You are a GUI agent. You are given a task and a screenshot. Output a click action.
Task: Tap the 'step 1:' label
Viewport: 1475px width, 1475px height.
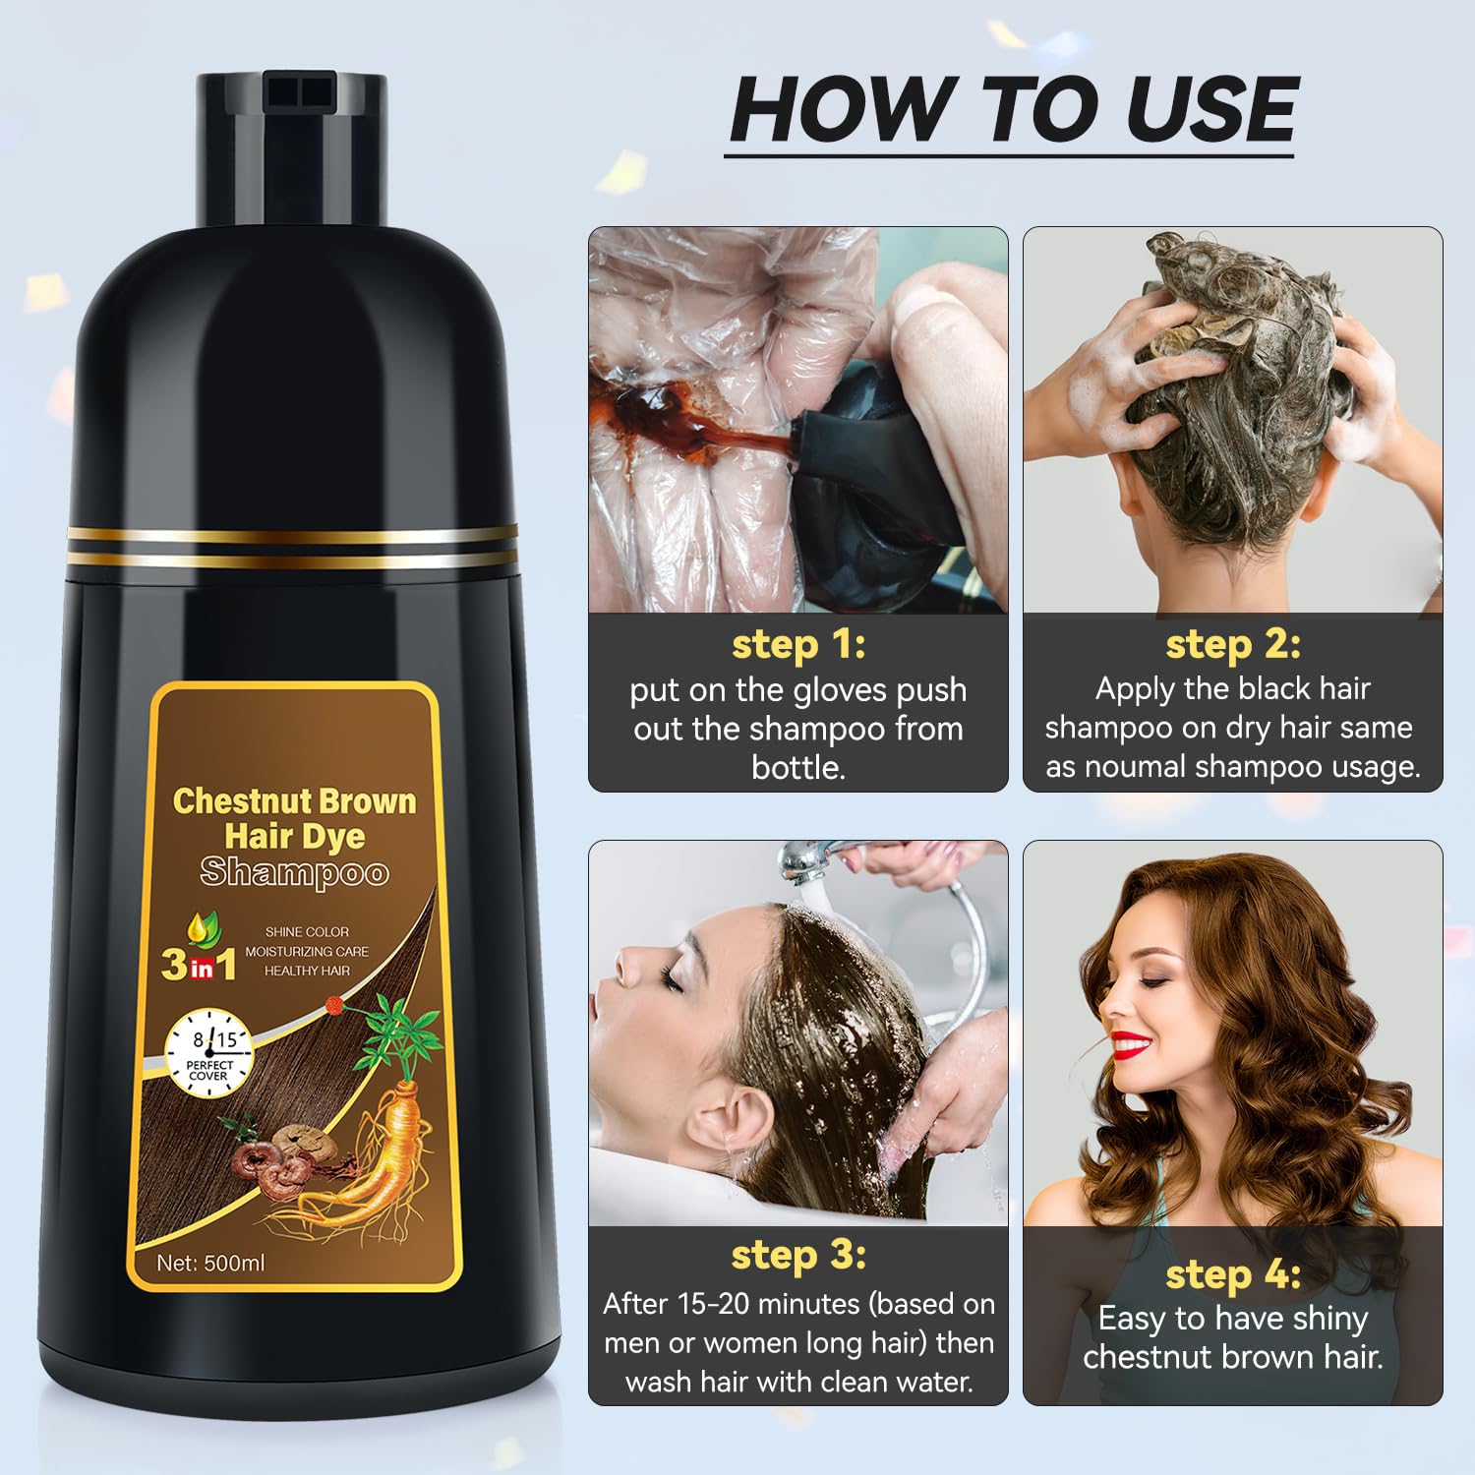coord(798,645)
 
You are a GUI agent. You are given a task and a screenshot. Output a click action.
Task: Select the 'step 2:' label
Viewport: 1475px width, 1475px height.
coord(1233,645)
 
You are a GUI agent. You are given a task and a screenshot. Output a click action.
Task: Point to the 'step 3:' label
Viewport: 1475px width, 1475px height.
coord(798,1256)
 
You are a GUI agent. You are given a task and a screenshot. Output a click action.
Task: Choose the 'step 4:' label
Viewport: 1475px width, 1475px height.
coord(1233,1275)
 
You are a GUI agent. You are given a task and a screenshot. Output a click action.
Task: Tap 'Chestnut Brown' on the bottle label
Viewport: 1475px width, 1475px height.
coord(295,801)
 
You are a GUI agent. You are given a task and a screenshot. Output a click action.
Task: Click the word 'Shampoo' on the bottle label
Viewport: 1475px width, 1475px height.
coord(295,873)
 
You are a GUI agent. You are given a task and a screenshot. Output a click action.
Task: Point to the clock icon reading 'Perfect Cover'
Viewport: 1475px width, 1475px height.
coord(209,1055)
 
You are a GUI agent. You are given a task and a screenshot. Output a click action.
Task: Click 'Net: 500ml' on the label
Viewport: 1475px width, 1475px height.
coord(210,1263)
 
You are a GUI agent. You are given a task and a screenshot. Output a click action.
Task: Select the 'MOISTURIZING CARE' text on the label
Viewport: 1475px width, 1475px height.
coord(307,951)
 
